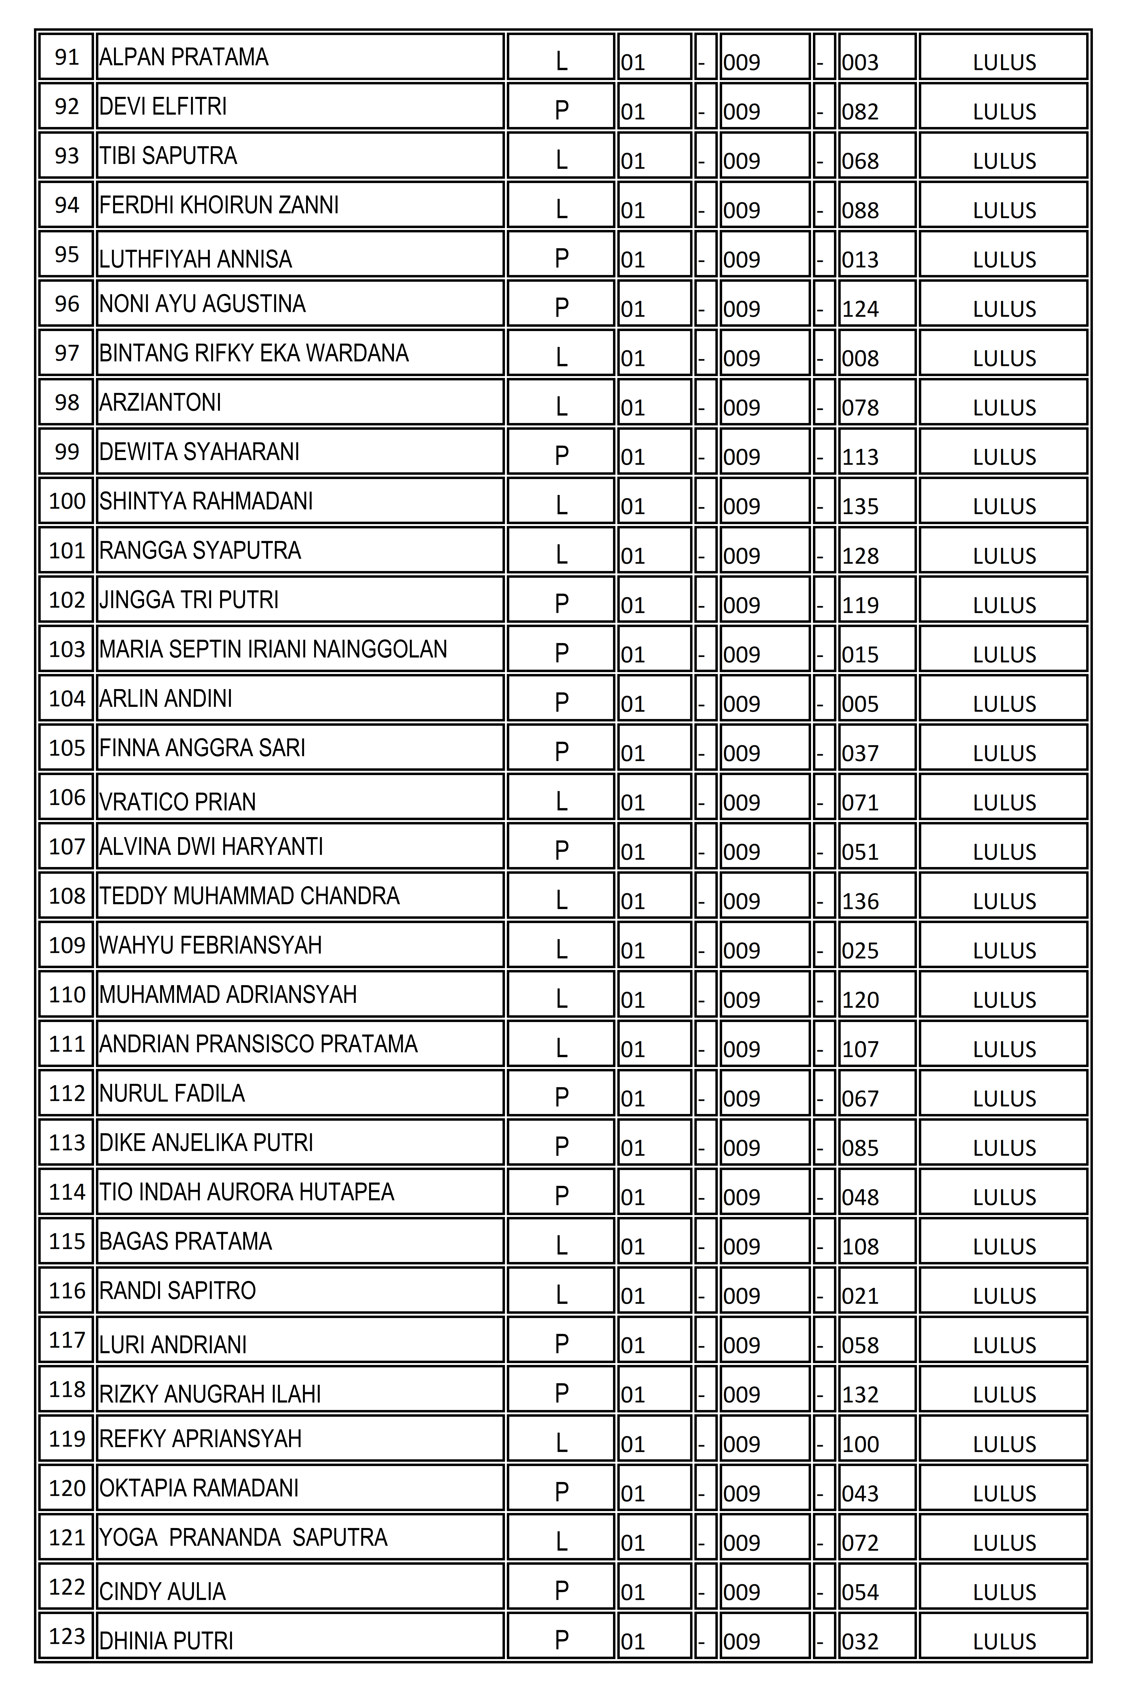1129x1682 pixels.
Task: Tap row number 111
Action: pos(67,1044)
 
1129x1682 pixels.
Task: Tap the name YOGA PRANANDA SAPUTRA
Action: pos(243,1537)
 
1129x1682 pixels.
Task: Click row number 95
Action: pos(67,254)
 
